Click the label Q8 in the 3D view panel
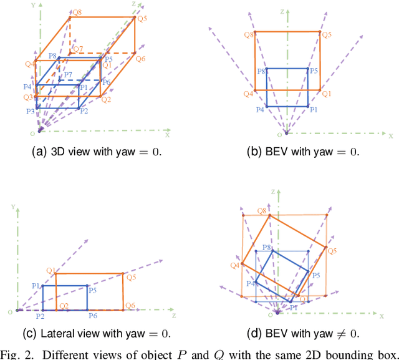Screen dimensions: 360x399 point(76,12)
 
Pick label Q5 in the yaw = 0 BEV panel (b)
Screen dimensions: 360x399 point(327,35)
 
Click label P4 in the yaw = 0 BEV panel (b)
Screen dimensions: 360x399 point(260,109)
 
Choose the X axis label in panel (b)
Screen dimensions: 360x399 point(391,135)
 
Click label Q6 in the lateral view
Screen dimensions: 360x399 point(130,305)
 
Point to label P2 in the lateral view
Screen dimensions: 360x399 point(40,316)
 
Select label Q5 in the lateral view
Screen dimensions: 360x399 point(131,278)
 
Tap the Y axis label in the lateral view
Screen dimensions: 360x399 point(12,205)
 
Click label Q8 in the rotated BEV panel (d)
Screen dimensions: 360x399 point(261,212)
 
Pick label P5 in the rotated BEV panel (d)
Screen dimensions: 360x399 point(316,275)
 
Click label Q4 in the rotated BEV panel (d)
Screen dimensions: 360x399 point(234,265)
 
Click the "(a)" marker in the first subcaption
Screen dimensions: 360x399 point(39,152)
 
